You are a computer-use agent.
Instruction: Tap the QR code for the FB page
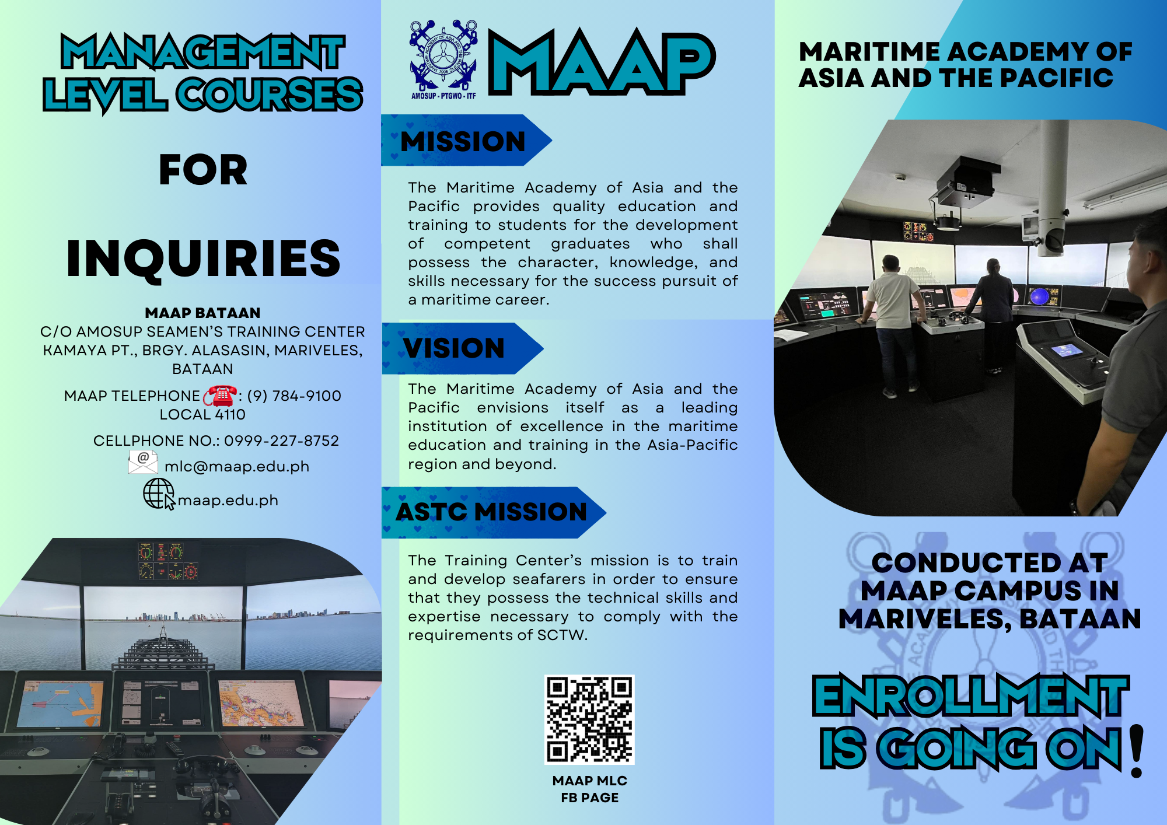[x=589, y=719]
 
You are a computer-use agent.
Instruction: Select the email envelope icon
[x=143, y=462]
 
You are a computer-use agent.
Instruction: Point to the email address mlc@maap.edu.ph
[x=237, y=467]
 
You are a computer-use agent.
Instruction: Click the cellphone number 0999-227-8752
[x=282, y=441]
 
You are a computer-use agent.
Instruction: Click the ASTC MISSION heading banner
[x=494, y=512]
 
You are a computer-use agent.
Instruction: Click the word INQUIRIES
[x=204, y=258]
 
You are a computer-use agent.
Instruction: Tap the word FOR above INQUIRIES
[x=204, y=170]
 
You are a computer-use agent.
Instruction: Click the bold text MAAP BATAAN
[x=203, y=313]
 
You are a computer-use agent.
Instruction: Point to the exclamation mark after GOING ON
[x=1136, y=751]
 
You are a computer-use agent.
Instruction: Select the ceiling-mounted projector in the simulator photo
[x=963, y=181]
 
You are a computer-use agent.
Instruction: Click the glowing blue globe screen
[x=1040, y=296]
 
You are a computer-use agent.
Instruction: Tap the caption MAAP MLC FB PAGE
[x=590, y=789]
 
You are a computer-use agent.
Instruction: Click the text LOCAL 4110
[x=202, y=415]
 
